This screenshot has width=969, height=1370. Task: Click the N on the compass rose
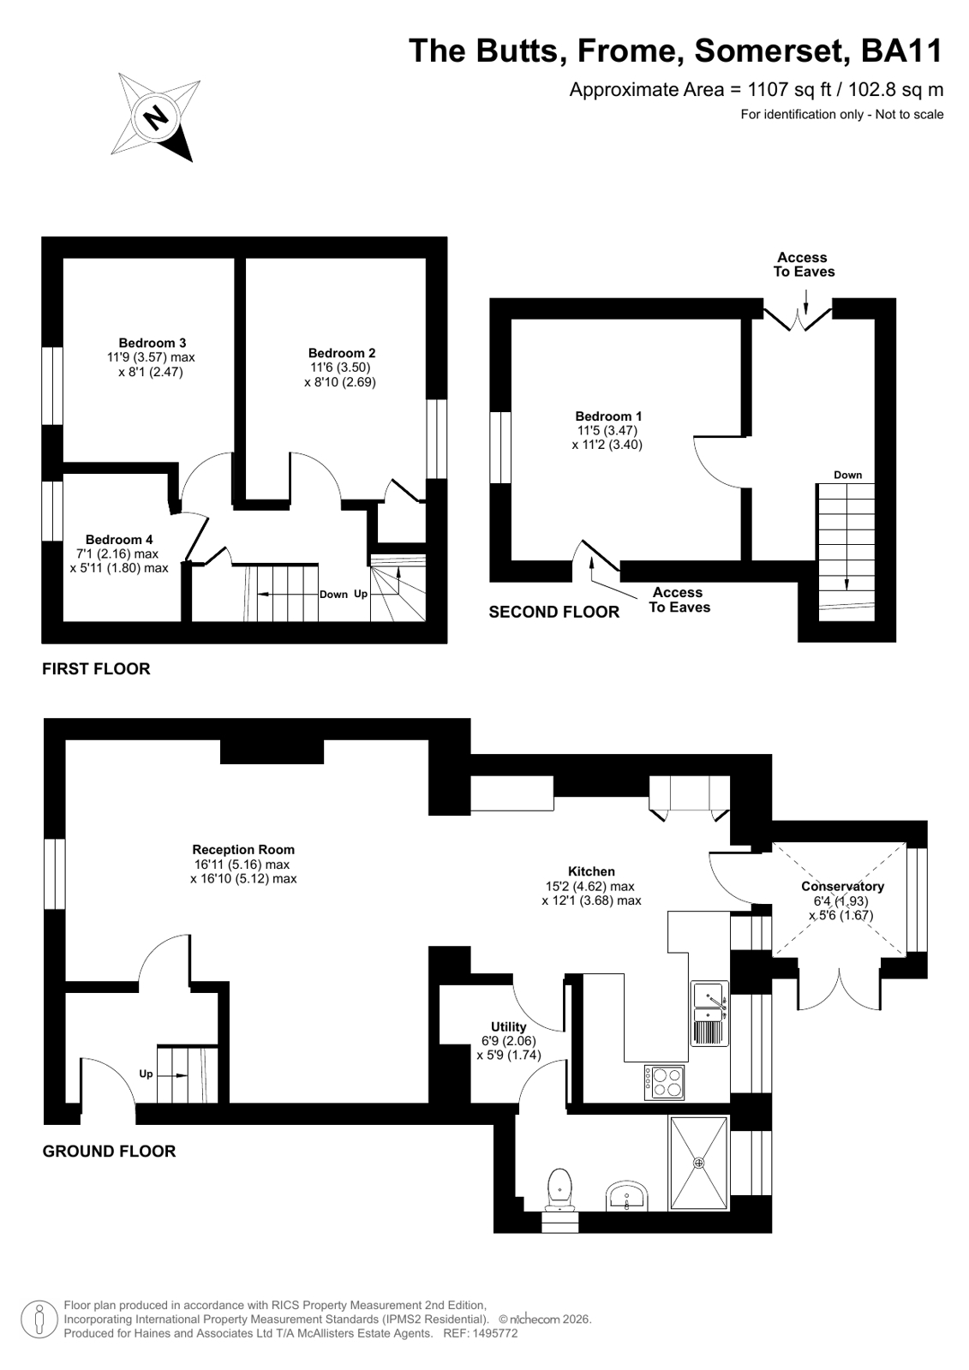click(x=158, y=116)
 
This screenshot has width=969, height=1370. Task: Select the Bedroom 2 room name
click(x=342, y=353)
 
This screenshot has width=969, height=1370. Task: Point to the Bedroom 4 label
click(x=119, y=540)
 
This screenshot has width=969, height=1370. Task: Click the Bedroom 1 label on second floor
click(x=608, y=416)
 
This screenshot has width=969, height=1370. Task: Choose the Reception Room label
click(x=243, y=850)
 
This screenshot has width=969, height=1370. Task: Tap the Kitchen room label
click(x=591, y=871)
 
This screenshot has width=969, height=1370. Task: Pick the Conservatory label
click(x=843, y=886)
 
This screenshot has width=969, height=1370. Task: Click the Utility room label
click(x=508, y=1027)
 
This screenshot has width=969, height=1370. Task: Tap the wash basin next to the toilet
click(x=626, y=1196)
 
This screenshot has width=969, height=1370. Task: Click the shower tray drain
click(x=698, y=1162)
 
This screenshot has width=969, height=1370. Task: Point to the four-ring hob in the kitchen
click(x=664, y=1082)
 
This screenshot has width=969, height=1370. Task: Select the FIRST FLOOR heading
click(x=96, y=668)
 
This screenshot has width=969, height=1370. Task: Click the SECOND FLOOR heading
click(x=554, y=612)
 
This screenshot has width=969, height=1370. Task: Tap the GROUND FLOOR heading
click(x=109, y=1151)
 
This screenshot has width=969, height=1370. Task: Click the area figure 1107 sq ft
click(x=790, y=90)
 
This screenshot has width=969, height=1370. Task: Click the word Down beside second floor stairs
click(x=848, y=475)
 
